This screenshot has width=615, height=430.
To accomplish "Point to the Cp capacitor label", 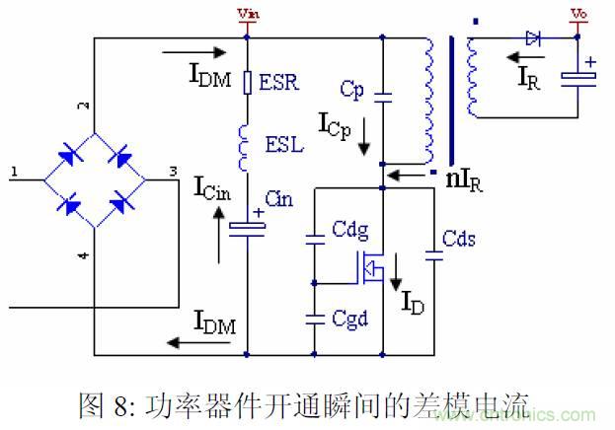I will coord(351,89).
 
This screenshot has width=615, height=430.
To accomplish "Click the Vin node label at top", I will coord(246,15).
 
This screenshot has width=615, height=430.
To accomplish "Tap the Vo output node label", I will coord(577,15).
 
